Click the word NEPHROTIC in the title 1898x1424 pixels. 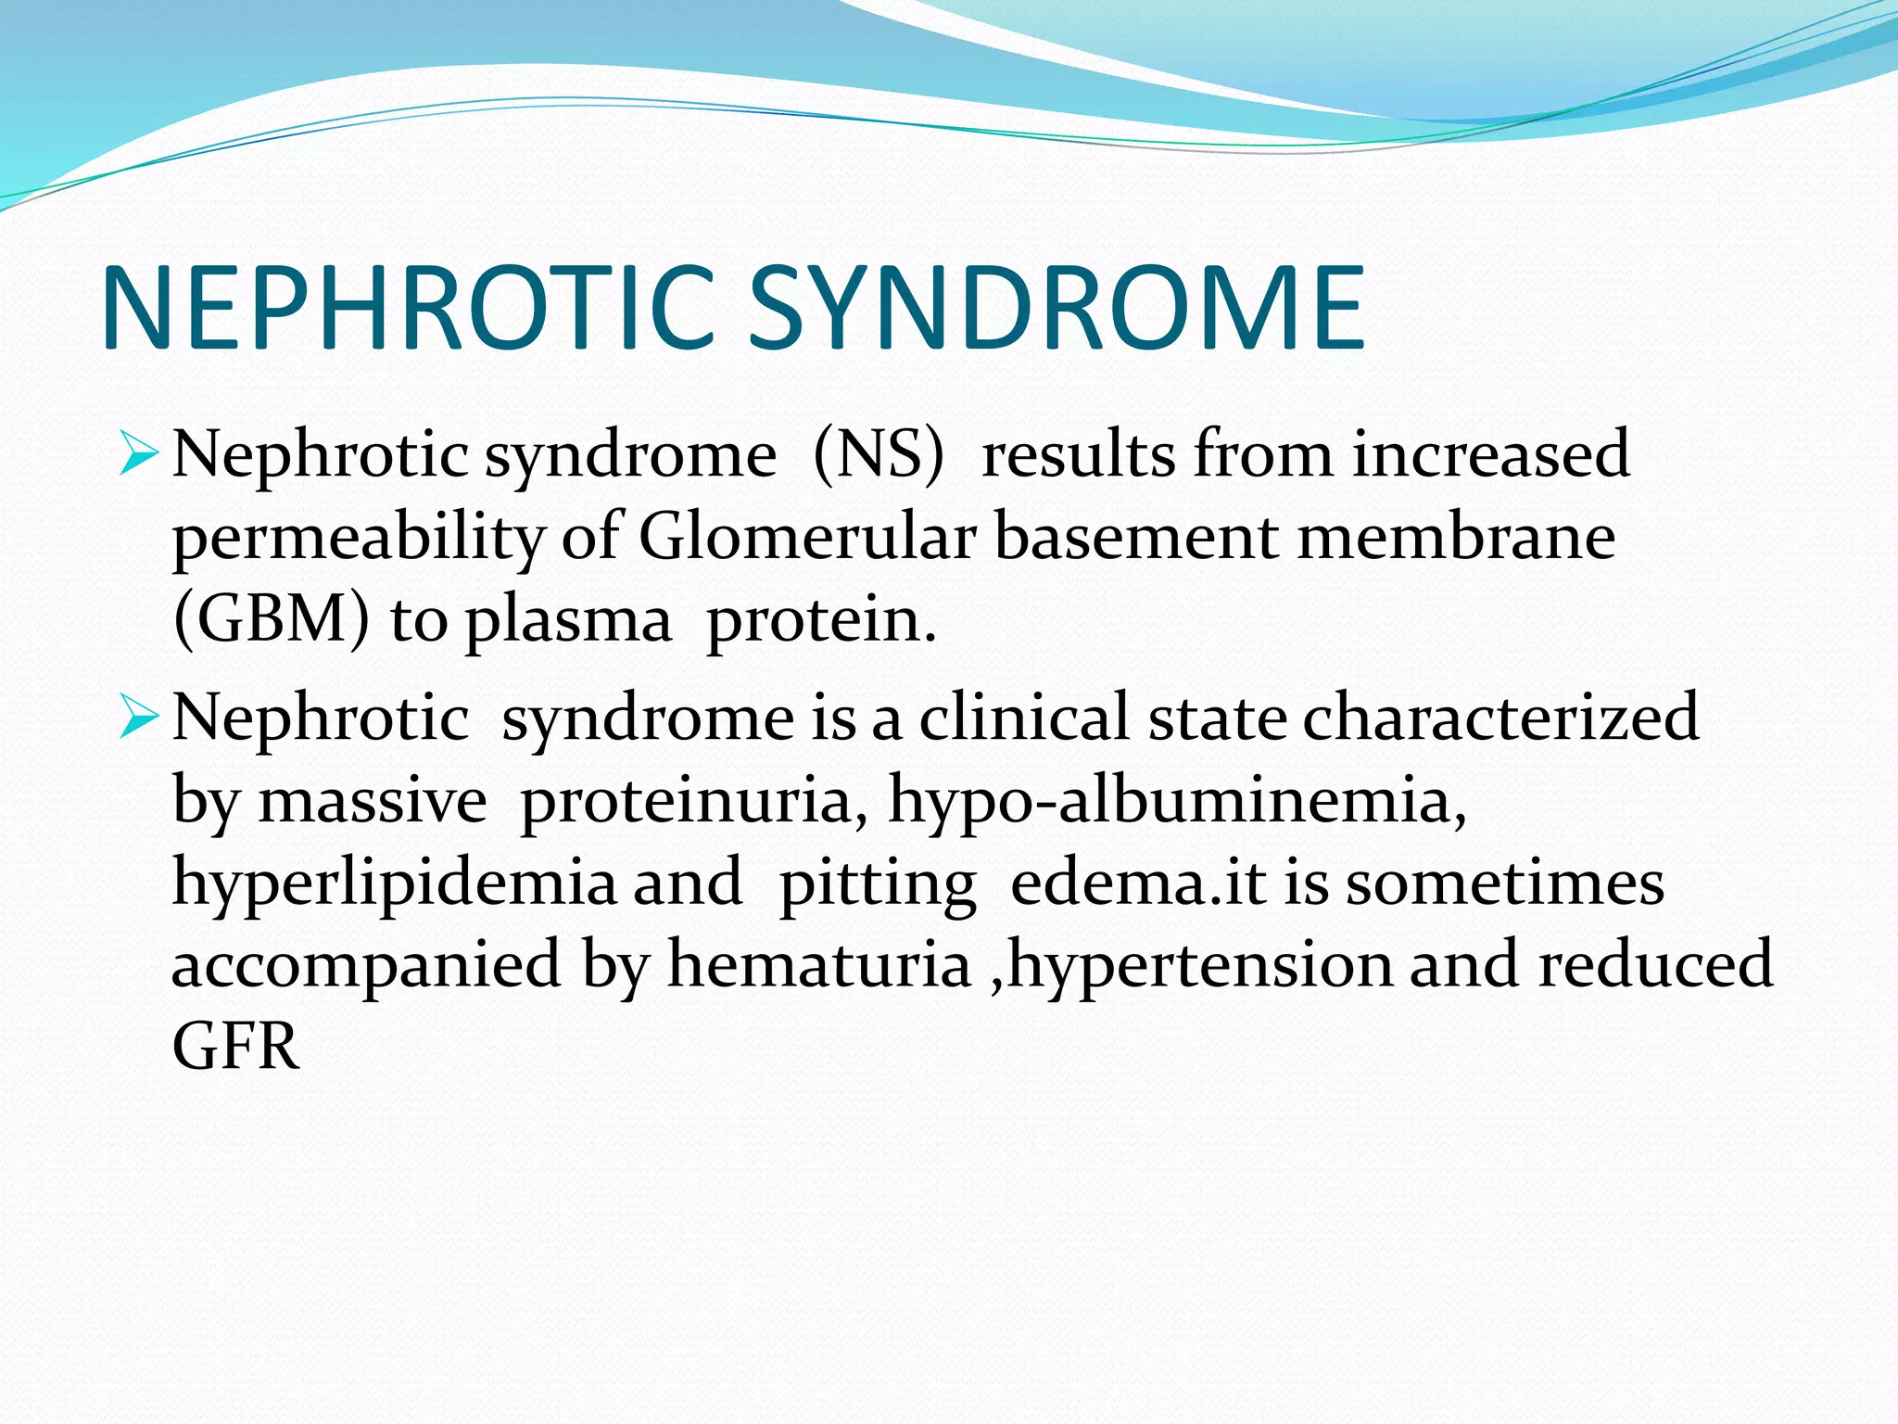click(x=408, y=309)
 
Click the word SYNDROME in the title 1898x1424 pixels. click(x=1057, y=309)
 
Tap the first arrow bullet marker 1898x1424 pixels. click(x=140, y=455)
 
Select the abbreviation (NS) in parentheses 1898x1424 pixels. click(x=879, y=455)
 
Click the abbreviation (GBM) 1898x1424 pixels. click(x=271, y=620)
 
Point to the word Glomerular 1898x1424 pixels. click(x=806, y=538)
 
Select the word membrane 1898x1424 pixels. click(x=1455, y=538)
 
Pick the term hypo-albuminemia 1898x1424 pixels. click(x=1177, y=801)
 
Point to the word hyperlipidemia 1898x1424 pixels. click(x=393, y=884)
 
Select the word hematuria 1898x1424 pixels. click(x=818, y=964)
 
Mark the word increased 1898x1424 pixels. click(x=1490, y=455)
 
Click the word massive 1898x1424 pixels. click(x=372, y=801)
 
